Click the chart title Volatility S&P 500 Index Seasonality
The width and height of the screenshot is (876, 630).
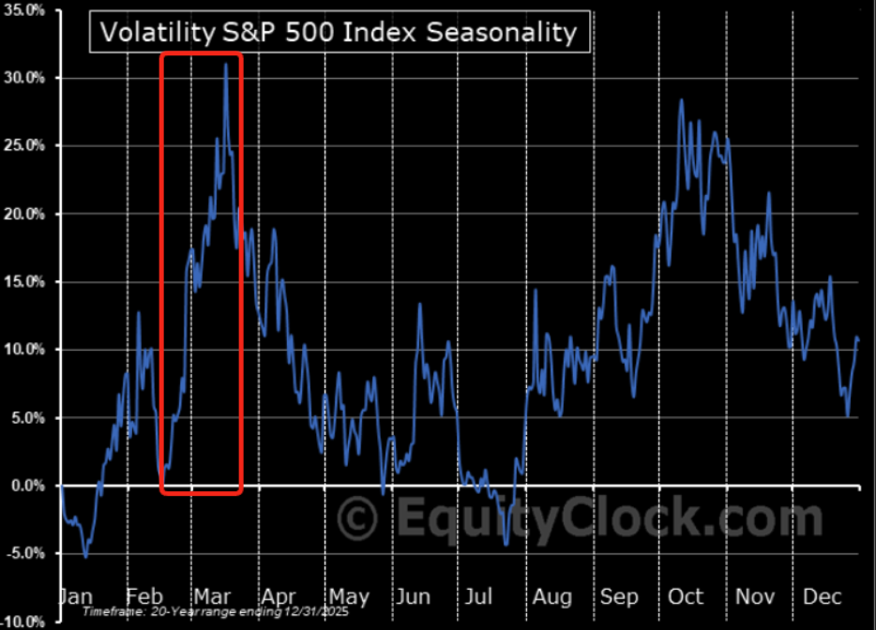(x=339, y=33)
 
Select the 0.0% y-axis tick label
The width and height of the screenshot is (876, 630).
(x=26, y=486)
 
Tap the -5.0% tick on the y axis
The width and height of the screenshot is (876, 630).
(x=24, y=553)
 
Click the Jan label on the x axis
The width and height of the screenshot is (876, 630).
(x=75, y=597)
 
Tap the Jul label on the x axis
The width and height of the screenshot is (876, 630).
(x=478, y=597)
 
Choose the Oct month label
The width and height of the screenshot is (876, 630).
(x=687, y=597)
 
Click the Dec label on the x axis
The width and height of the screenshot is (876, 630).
(x=822, y=597)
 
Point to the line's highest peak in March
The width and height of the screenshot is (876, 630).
(x=226, y=65)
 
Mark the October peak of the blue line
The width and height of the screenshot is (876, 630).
(x=681, y=99)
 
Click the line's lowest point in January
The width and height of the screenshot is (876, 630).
(x=86, y=557)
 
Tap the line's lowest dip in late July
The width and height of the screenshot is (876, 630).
(x=506, y=544)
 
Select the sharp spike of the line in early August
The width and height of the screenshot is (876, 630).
(x=536, y=291)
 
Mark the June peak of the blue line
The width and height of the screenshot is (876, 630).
(x=419, y=305)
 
